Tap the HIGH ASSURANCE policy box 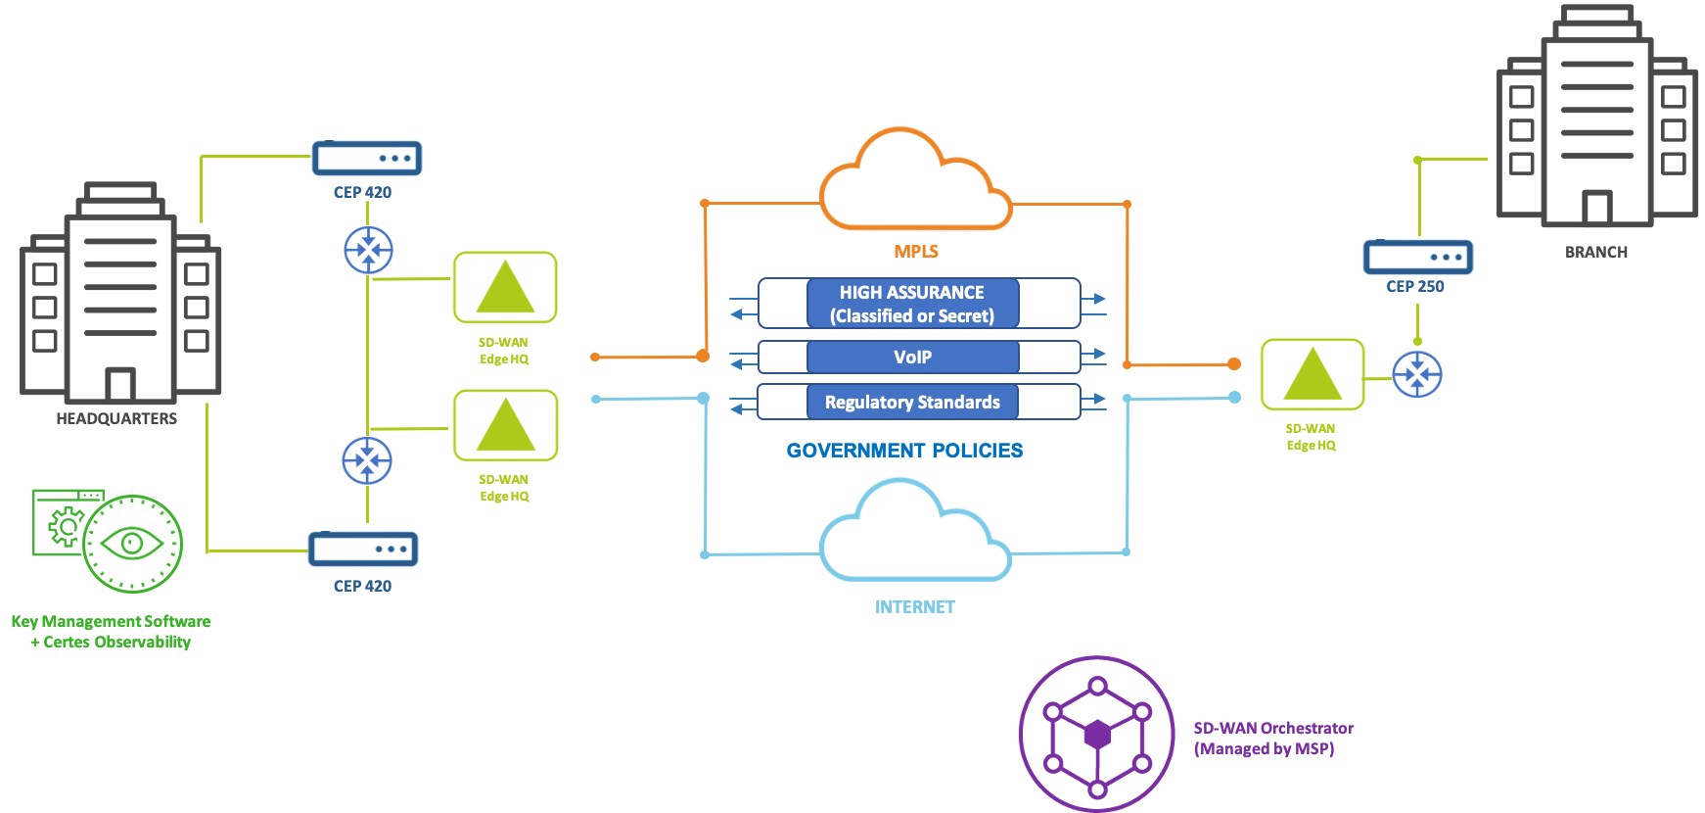point(912,304)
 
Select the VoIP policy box point(912,358)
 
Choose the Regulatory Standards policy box point(912,402)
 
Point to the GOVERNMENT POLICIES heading point(904,451)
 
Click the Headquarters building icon point(119,294)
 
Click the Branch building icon point(1596,122)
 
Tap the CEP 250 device point(1417,258)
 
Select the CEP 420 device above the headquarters point(367,158)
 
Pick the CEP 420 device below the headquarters point(363,550)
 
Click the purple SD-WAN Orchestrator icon point(1097,734)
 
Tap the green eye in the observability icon point(131,543)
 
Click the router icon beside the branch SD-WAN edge point(1417,374)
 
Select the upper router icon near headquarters point(368,250)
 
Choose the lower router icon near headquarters point(367,460)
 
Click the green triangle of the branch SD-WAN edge point(1312,375)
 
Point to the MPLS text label point(916,252)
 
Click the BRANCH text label point(1596,252)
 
